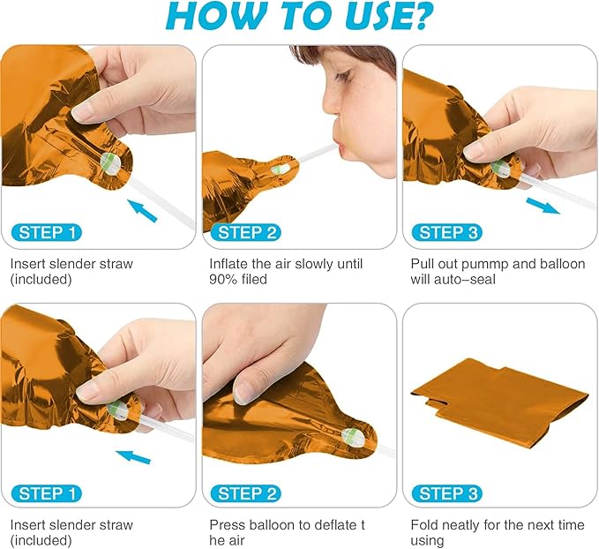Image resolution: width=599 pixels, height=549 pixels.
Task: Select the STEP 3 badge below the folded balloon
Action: (x=447, y=493)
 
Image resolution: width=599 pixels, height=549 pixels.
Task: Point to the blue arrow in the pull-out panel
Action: (x=543, y=206)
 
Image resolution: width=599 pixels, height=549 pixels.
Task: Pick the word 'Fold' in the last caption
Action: (x=423, y=525)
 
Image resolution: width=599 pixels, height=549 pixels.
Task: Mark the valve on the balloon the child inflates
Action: (x=280, y=169)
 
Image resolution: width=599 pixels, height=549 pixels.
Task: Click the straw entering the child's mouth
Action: (x=316, y=153)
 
